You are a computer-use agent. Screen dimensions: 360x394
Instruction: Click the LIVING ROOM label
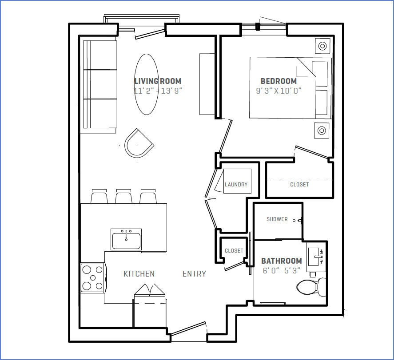click(x=158, y=81)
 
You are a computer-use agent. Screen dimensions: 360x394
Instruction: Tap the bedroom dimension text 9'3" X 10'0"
click(x=279, y=91)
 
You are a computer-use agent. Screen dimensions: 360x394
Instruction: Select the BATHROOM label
click(x=281, y=261)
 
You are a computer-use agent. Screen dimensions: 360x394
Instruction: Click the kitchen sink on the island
click(x=126, y=240)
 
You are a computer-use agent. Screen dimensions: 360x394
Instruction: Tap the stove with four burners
click(x=92, y=278)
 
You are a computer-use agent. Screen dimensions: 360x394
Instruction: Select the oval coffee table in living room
click(x=147, y=84)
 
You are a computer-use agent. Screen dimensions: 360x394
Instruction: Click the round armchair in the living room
click(x=138, y=143)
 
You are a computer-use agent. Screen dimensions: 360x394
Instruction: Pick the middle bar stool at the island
click(x=124, y=197)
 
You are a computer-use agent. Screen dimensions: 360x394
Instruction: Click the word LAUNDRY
click(x=236, y=185)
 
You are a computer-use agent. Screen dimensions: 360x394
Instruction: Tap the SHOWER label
click(x=277, y=219)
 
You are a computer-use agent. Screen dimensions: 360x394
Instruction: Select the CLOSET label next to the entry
click(x=234, y=251)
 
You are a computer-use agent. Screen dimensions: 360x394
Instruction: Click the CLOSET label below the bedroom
click(x=299, y=185)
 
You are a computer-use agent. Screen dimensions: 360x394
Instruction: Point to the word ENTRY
click(x=194, y=274)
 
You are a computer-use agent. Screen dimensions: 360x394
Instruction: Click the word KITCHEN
click(x=139, y=274)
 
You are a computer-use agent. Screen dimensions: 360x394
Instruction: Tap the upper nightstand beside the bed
click(x=322, y=45)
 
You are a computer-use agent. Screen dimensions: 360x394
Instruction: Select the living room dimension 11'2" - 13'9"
click(x=158, y=91)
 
